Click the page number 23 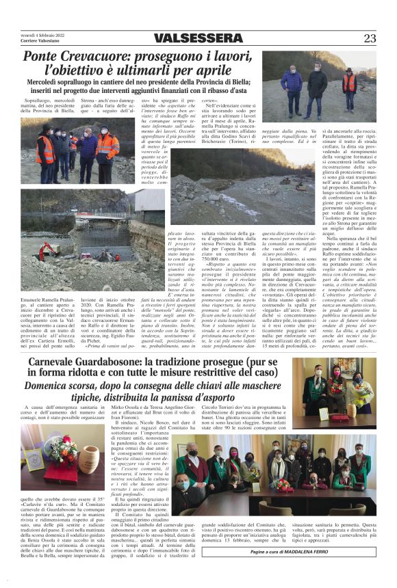point(370,38)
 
